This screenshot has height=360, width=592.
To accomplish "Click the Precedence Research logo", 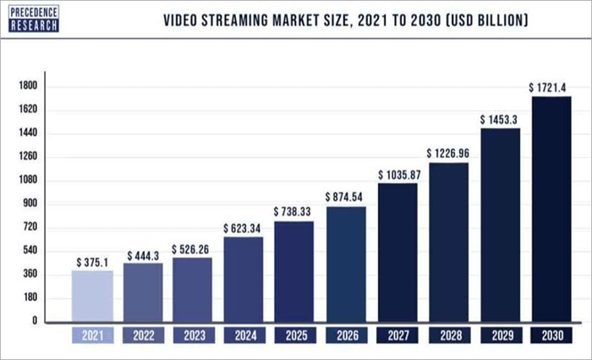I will [x=33, y=18].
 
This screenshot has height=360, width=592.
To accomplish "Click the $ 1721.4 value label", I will [x=551, y=87].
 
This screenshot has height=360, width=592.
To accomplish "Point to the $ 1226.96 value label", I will [x=449, y=154].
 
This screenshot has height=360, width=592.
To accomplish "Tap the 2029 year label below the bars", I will [x=500, y=335].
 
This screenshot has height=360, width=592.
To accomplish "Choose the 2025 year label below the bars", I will [x=296, y=335].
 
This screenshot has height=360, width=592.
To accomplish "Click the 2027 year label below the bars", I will [x=397, y=335].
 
